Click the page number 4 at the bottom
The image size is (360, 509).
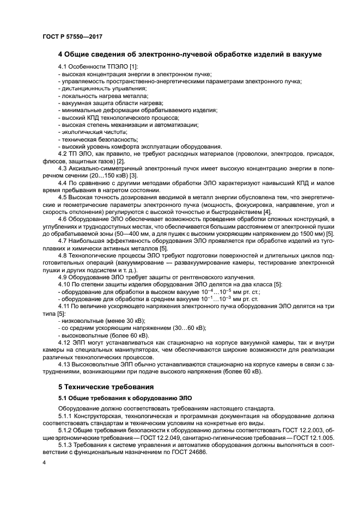[x=44, y=463]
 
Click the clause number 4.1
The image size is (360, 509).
[x=64, y=66]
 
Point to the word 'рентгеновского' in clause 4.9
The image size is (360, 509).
[x=174, y=277]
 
